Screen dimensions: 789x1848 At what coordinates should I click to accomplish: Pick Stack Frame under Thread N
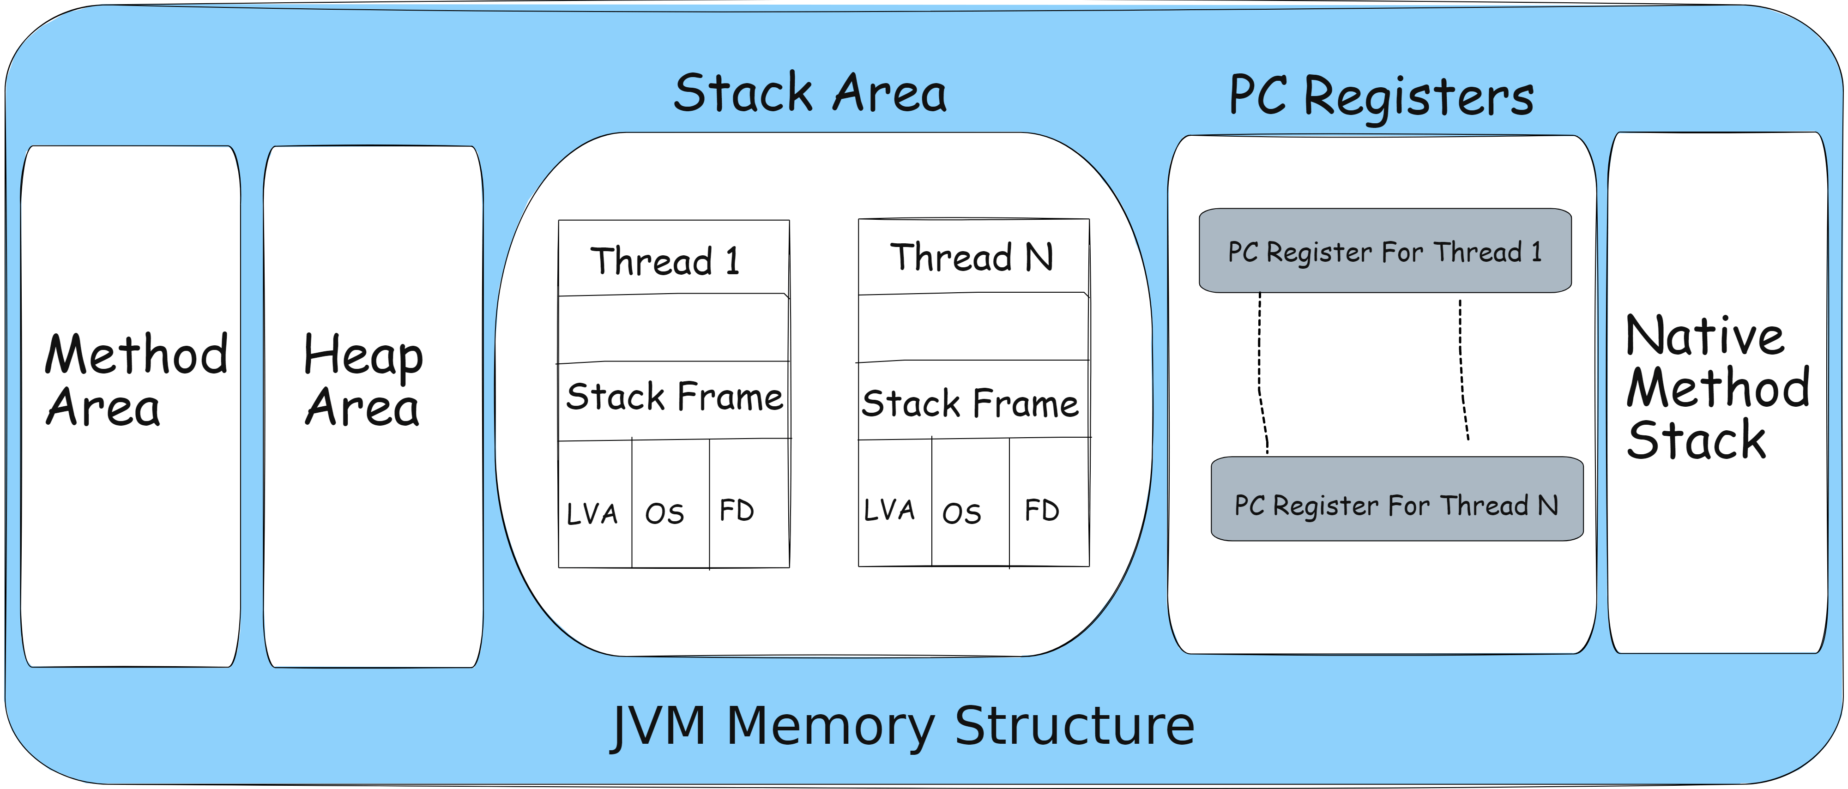[x=970, y=403]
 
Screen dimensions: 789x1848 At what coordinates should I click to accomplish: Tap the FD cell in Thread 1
[x=737, y=511]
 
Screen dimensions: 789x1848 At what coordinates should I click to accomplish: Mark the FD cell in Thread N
[x=1042, y=511]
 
